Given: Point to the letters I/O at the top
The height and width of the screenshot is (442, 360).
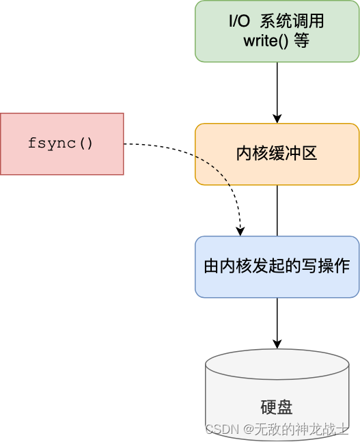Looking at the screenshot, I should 240,22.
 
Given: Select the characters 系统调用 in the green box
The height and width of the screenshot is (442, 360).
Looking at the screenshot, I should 292,22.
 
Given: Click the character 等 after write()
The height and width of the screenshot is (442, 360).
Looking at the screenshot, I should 302,41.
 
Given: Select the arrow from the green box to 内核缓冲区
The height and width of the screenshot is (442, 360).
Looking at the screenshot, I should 277,89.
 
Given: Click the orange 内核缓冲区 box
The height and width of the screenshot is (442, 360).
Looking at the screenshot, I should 277,154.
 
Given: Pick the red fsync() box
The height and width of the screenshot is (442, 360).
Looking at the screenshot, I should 61,144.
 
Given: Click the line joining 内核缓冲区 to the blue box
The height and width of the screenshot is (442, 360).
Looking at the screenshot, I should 277,210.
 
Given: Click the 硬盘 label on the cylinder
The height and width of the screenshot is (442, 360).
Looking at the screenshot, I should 277,408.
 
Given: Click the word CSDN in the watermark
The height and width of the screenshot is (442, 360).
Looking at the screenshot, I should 220,429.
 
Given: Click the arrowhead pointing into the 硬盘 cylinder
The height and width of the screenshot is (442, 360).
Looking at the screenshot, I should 277,343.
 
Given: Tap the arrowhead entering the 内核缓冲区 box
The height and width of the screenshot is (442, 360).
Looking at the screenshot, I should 277,118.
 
